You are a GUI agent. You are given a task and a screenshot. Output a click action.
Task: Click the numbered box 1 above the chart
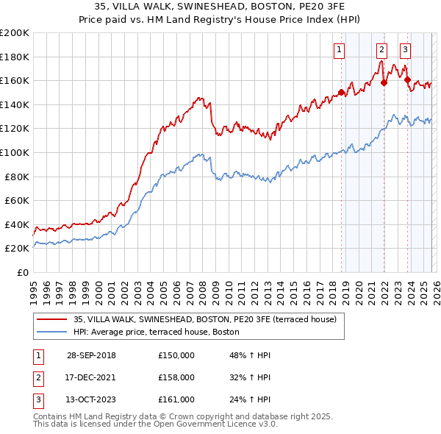coord(340,50)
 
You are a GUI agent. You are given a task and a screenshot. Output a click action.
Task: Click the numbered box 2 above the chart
coord(382,50)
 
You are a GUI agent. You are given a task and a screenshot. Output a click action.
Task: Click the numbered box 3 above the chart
coord(406,50)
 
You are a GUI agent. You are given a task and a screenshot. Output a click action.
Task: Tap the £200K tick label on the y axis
coord(15,33)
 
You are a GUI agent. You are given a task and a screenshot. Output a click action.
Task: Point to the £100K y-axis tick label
coord(15,152)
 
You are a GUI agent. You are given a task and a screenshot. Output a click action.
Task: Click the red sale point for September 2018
coord(341,93)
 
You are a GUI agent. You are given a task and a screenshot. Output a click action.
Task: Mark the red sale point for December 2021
coord(384,83)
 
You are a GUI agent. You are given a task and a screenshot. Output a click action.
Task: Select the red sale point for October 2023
coord(407,79)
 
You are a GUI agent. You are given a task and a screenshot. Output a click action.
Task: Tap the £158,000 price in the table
coord(176,377)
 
